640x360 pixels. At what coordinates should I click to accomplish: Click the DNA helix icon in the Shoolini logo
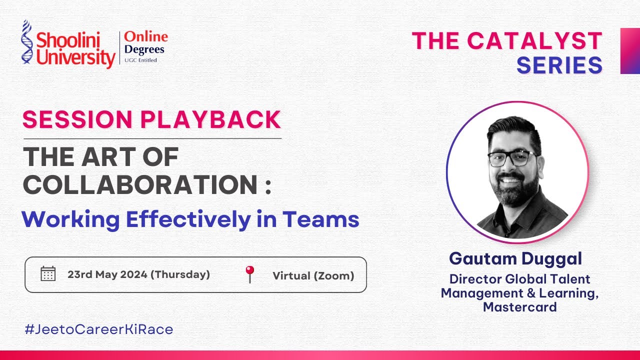click(26, 42)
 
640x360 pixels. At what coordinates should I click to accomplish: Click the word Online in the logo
click(146, 37)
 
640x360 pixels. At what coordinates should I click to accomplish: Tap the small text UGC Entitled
click(140, 60)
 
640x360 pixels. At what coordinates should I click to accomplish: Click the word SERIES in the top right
click(559, 65)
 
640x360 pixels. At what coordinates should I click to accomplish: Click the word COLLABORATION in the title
click(141, 185)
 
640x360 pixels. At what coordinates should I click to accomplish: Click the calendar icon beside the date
click(48, 274)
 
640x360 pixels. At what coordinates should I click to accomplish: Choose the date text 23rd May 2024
click(107, 274)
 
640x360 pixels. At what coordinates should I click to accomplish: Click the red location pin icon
click(249, 274)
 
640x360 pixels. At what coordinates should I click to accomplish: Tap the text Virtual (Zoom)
click(313, 275)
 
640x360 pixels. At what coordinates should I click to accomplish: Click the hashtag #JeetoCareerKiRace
click(98, 329)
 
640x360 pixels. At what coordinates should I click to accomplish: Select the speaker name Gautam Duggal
click(515, 258)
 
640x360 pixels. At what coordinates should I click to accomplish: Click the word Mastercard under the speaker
click(519, 307)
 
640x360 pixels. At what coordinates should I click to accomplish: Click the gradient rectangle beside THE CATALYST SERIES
click(630, 51)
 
